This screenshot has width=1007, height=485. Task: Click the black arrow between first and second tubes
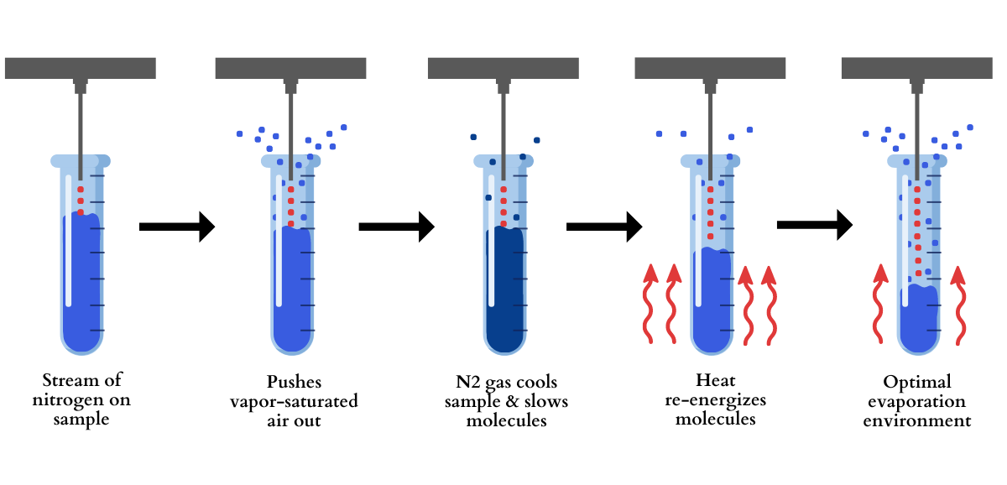177,226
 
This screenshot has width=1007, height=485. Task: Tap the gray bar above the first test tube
80,68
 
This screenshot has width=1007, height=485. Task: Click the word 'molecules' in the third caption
506,420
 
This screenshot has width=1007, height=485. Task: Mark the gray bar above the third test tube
503,68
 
